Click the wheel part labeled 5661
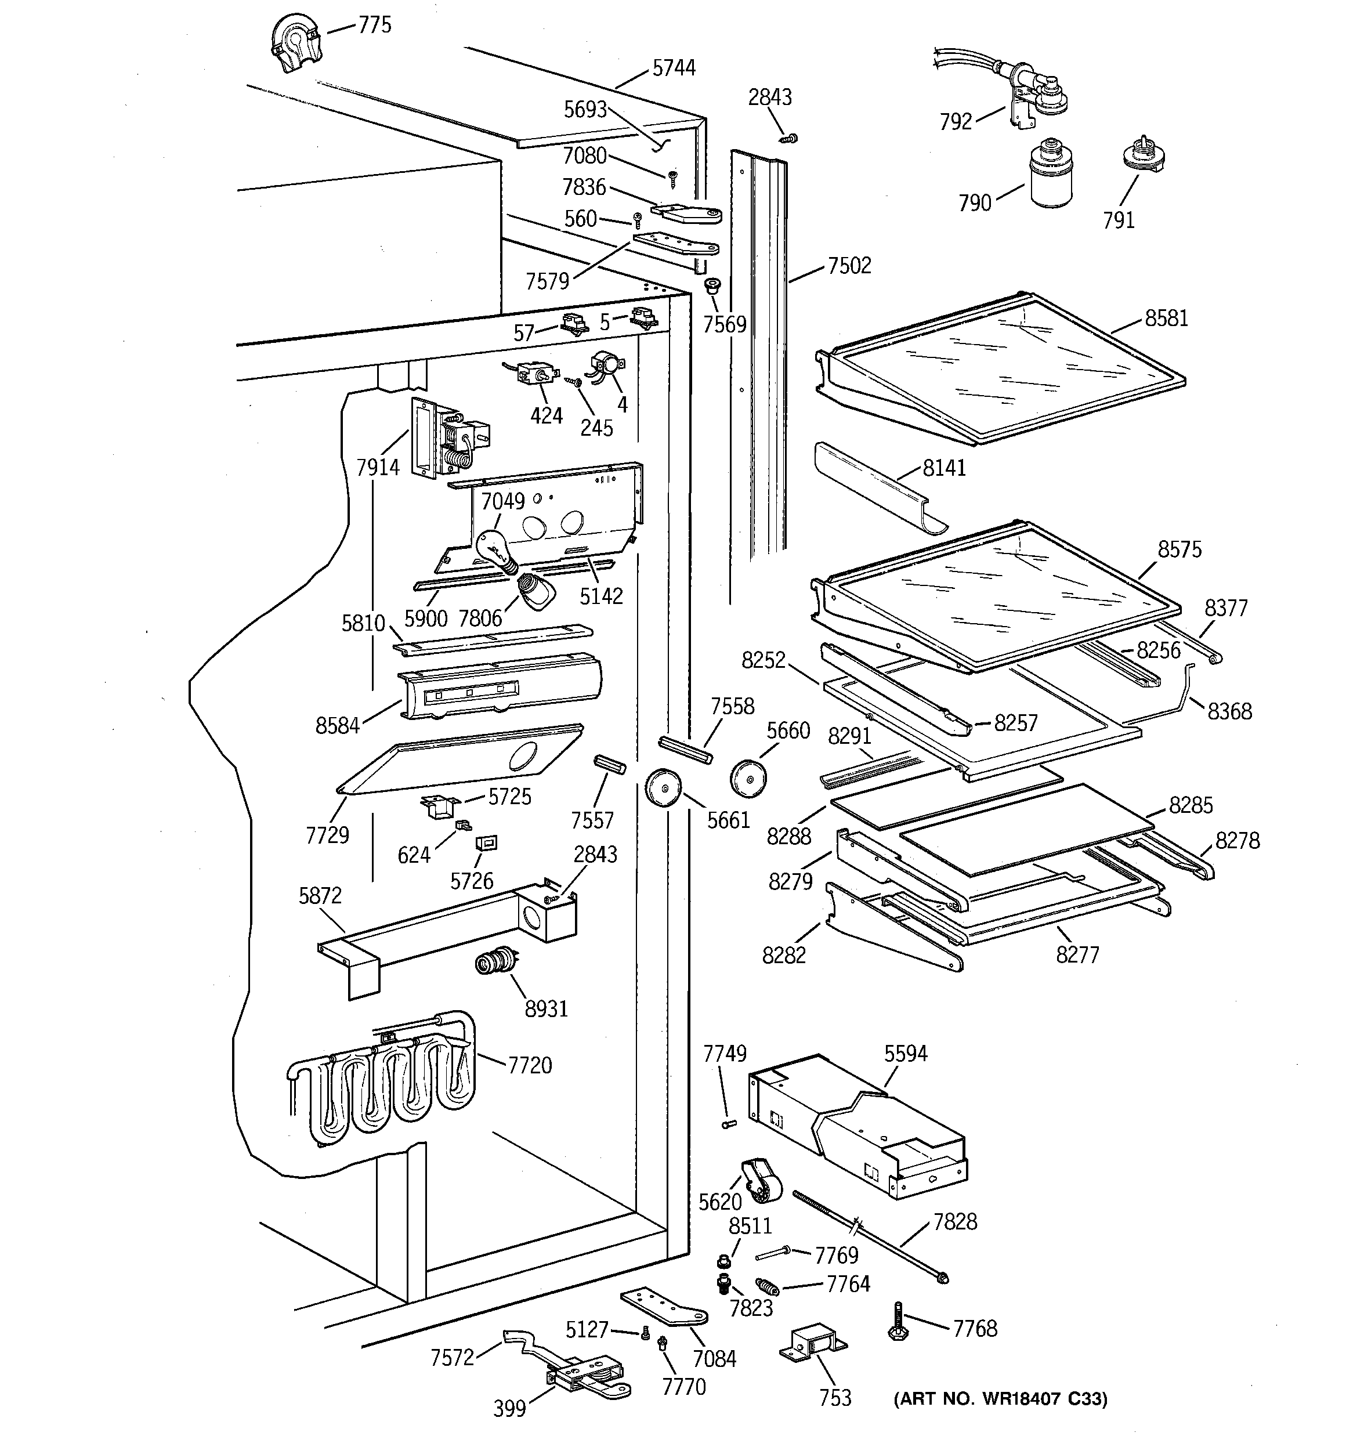[x=663, y=788]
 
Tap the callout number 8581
[x=1166, y=318]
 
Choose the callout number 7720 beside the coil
[x=530, y=1065]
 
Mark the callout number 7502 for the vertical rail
[x=849, y=266]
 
